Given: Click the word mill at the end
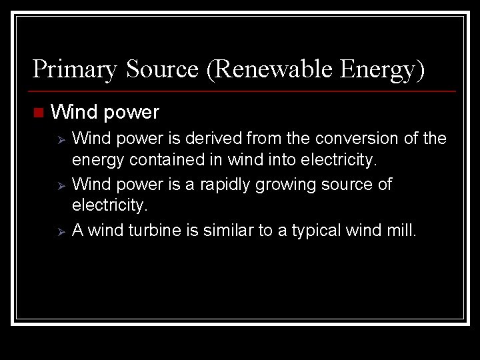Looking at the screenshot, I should [x=401, y=230].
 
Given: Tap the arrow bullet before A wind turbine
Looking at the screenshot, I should [x=59, y=231].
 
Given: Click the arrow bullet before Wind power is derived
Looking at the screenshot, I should [x=59, y=139].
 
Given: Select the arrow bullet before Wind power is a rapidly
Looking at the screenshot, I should [x=59, y=185].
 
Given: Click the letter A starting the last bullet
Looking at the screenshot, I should [x=77, y=230].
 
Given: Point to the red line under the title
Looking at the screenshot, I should [x=244, y=91].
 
